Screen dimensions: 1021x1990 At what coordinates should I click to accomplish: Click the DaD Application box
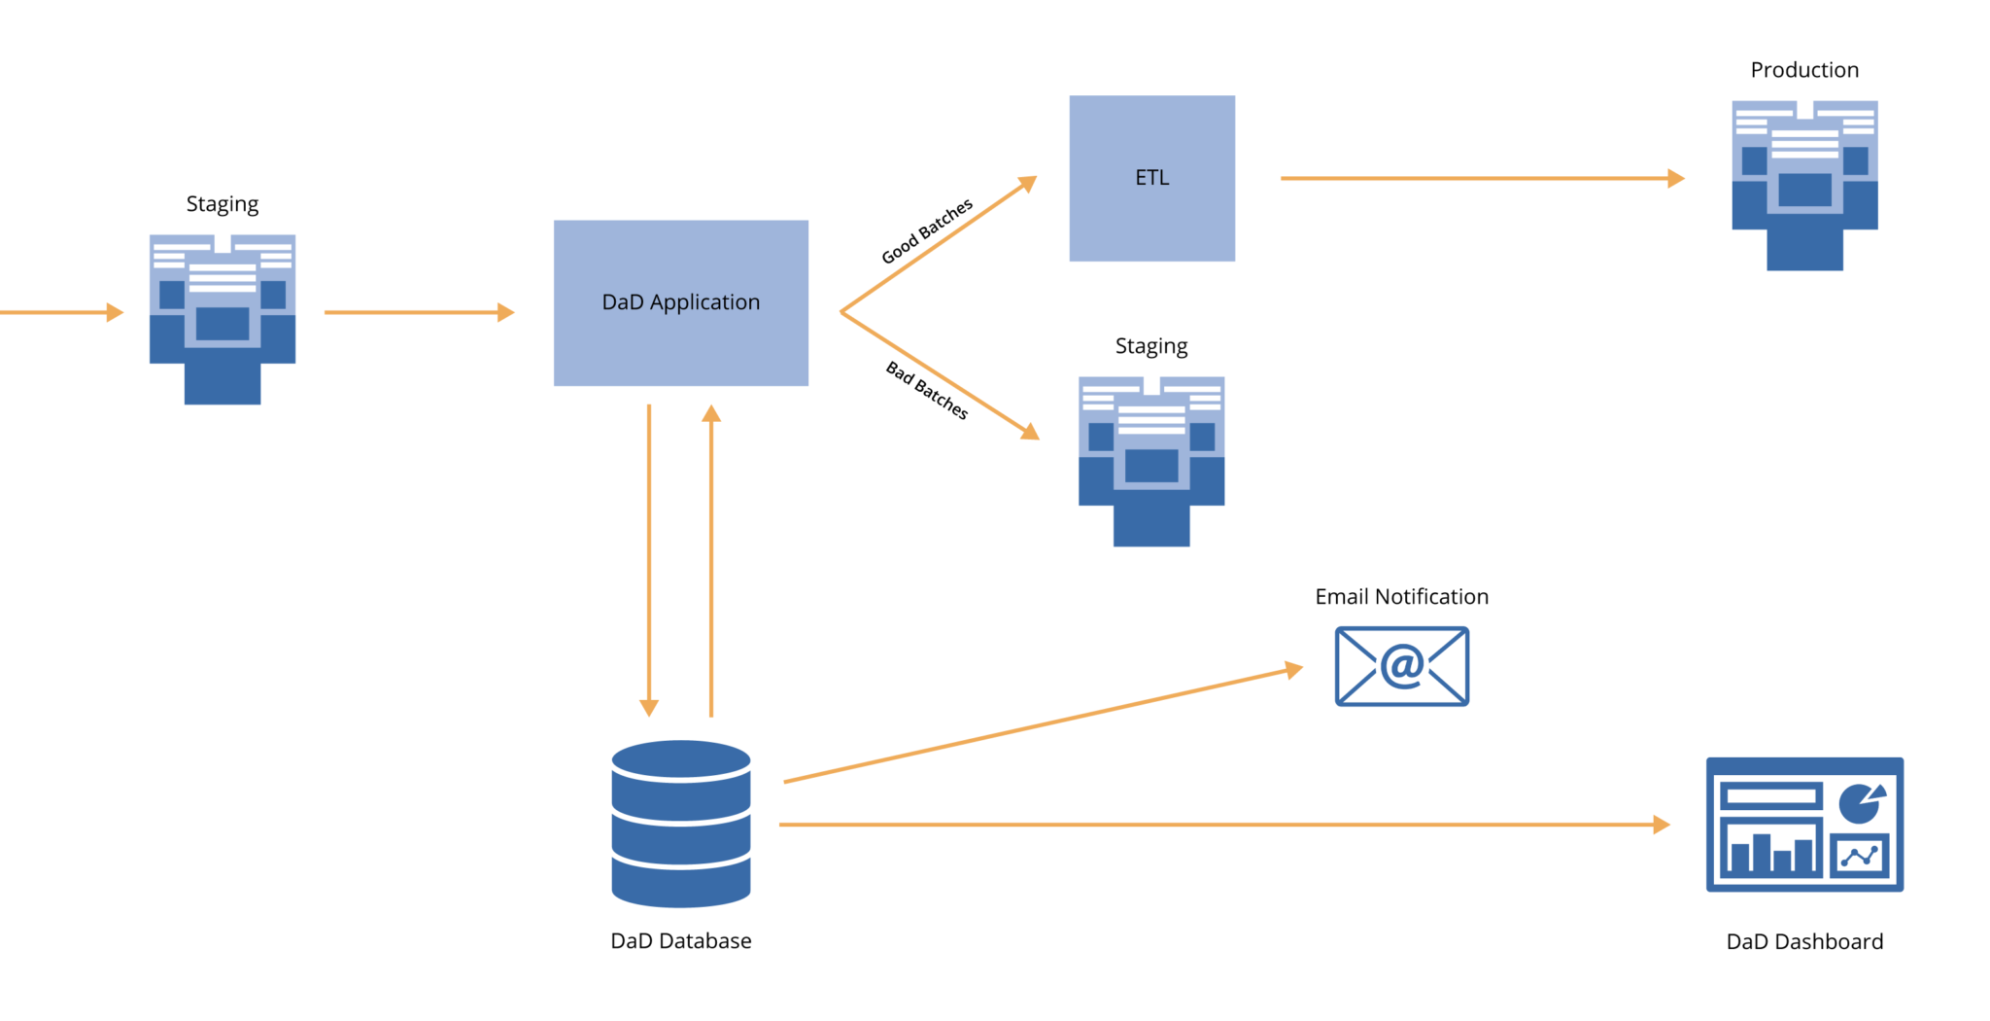tap(680, 302)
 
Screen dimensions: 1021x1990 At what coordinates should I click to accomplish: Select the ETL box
tap(1151, 178)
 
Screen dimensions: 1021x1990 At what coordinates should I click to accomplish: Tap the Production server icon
tap(1804, 185)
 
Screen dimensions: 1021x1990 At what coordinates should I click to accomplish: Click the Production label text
tap(1804, 70)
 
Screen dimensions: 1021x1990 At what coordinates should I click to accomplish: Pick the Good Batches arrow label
tap(926, 231)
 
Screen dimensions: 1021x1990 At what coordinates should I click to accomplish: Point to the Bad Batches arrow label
tap(927, 390)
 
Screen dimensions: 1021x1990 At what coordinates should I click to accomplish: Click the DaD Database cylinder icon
tap(681, 824)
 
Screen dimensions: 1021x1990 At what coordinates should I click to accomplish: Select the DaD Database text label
tap(680, 941)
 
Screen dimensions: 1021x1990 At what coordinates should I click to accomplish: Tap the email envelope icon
tap(1401, 666)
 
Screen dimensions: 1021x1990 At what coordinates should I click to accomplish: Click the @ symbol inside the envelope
tap(1402, 666)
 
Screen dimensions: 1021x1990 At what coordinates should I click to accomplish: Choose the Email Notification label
tap(1401, 597)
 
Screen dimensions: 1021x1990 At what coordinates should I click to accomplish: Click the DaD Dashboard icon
tap(1804, 825)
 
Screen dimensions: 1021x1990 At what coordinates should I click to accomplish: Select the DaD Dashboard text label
tap(1804, 942)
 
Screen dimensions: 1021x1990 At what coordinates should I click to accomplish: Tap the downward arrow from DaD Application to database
tap(649, 559)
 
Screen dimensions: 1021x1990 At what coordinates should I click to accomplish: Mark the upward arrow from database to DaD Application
tap(711, 559)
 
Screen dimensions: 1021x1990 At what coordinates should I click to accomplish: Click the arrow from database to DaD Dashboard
tap(1224, 825)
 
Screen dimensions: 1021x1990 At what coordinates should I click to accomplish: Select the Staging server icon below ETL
tap(1151, 461)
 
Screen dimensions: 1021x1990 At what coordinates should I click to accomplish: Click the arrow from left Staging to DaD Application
tap(418, 312)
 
